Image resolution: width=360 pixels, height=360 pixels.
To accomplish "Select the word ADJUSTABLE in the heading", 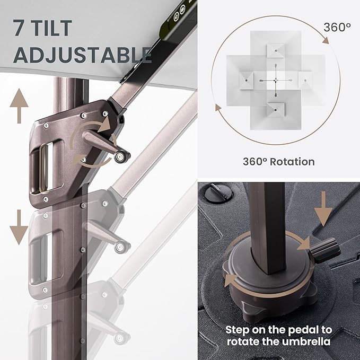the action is click(82, 55).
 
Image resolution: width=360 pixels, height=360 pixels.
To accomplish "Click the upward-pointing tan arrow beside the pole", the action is click(19, 106).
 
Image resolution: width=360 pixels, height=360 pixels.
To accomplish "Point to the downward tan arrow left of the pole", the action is click(19, 227).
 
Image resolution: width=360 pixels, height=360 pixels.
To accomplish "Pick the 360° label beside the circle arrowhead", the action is click(337, 27).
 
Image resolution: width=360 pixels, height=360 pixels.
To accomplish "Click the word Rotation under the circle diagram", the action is click(292, 162).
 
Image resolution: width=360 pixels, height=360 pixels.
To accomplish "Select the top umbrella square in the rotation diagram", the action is click(276, 50).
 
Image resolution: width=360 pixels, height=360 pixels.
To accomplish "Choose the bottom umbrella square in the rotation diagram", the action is click(276, 110).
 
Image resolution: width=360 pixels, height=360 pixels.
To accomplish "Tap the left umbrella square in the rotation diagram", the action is click(247, 81).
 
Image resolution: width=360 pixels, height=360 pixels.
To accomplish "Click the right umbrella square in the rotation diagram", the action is click(305, 81).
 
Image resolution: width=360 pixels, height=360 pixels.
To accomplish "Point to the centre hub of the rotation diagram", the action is click(276, 81).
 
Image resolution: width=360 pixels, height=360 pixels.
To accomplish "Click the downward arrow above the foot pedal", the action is click(323, 209).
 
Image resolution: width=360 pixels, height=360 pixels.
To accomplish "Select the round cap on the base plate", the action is click(218, 194).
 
